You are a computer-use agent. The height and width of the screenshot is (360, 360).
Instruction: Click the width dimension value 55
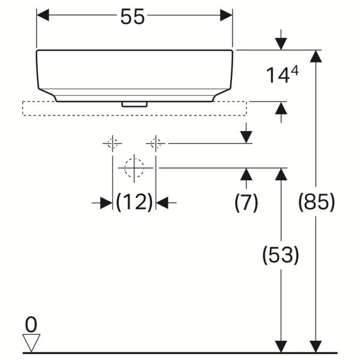[x=133, y=17]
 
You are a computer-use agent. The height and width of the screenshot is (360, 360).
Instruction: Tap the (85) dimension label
[x=316, y=203]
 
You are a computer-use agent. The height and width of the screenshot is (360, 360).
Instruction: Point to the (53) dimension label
[x=281, y=255]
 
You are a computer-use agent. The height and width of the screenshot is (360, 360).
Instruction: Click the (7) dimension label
[x=246, y=203]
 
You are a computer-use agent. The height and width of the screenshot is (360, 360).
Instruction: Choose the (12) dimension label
[x=134, y=203]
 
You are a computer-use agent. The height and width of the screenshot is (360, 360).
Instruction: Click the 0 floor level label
[x=31, y=325]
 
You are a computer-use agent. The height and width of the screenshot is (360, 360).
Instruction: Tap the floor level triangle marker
[x=31, y=344]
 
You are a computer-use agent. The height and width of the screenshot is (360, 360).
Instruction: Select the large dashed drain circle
[x=134, y=167]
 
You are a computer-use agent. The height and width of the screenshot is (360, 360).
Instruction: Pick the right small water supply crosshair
[x=156, y=144]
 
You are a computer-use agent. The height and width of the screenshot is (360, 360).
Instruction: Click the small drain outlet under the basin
[x=134, y=104]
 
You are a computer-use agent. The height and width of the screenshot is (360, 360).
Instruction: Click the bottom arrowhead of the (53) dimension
[x=281, y=346]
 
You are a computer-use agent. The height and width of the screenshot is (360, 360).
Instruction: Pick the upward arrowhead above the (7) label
[x=246, y=175]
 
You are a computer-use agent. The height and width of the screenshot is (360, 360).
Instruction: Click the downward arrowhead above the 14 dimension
[x=281, y=43]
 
